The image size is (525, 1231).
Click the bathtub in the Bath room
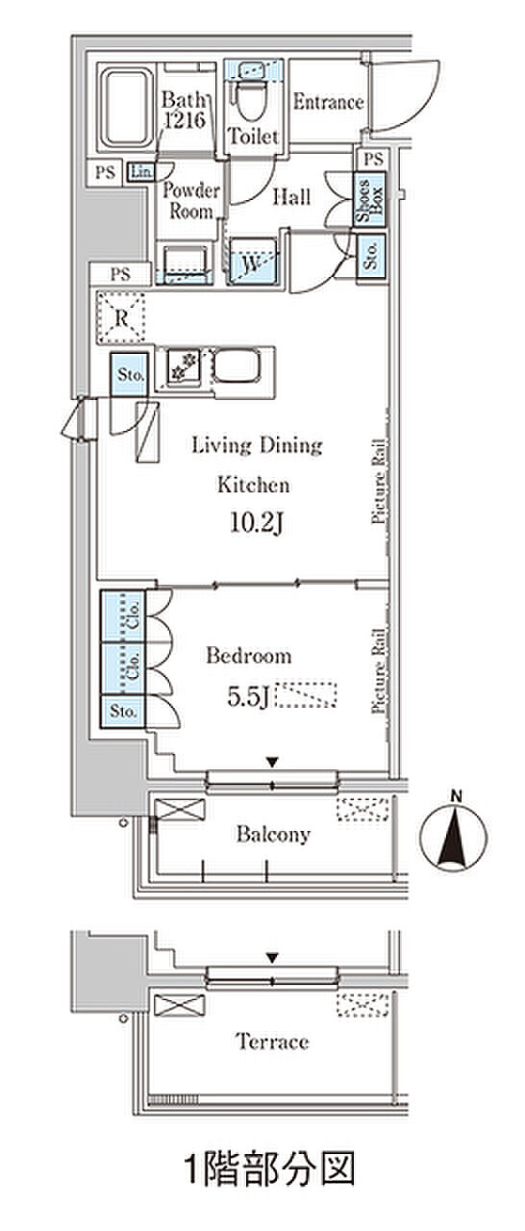127,107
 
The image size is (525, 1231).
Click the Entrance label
328,102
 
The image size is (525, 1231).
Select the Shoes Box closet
369,199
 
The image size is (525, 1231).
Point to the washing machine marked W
253,260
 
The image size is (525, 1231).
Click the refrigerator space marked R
121,317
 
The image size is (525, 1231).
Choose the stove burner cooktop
184,366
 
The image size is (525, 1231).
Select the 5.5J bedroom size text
247,697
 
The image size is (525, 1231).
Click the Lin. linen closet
140,172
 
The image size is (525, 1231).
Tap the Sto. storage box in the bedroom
123,712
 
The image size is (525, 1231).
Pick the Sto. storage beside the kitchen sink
130,374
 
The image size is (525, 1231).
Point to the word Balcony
273,834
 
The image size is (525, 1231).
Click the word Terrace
272,1042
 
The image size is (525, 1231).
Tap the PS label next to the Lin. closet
105,172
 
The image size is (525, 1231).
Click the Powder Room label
191,201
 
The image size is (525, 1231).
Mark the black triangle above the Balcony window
272,763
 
